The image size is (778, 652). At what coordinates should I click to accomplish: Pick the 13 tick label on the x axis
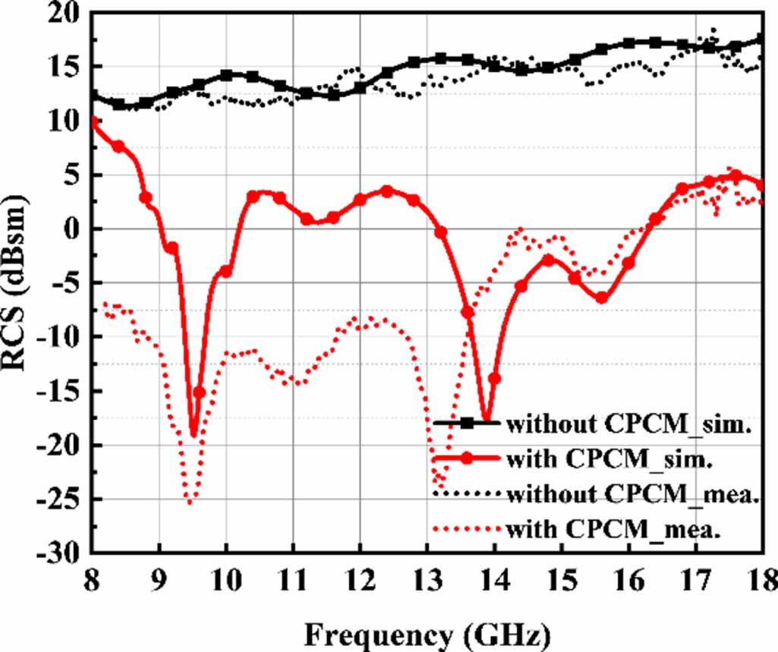pos(427,581)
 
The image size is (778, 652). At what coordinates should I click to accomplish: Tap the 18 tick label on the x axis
pos(761,581)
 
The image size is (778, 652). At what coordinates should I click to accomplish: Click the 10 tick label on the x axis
pos(225,581)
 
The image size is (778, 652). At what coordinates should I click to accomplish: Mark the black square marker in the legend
pos(467,423)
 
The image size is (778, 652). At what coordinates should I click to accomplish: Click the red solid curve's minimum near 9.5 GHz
pos(194,436)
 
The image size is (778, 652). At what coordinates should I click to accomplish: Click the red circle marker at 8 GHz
pos(93,121)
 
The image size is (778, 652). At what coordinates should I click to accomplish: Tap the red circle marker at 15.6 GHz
pos(601,298)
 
